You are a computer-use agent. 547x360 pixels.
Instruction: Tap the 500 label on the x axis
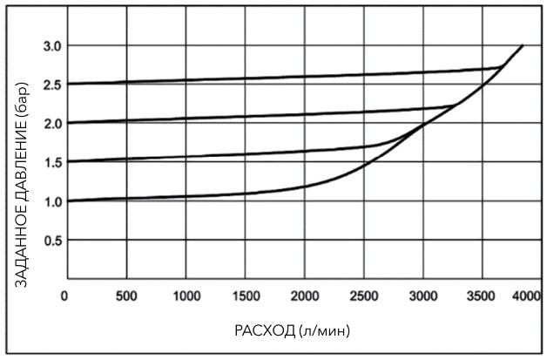(127, 296)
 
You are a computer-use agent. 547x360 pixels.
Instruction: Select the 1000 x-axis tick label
(186, 296)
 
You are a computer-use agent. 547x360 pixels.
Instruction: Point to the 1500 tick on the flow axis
(246, 296)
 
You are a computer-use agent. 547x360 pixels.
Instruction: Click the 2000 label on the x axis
(305, 296)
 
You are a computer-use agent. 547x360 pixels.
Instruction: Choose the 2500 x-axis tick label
(364, 296)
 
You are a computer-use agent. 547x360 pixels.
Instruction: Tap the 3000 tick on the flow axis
(422, 296)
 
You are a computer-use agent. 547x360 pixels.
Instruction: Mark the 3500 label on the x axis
(482, 296)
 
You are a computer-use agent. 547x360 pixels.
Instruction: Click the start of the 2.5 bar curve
(69, 84)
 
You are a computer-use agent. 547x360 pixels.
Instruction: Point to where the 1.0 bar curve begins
(69, 200)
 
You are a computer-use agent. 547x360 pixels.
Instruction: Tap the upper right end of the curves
(522, 45)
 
